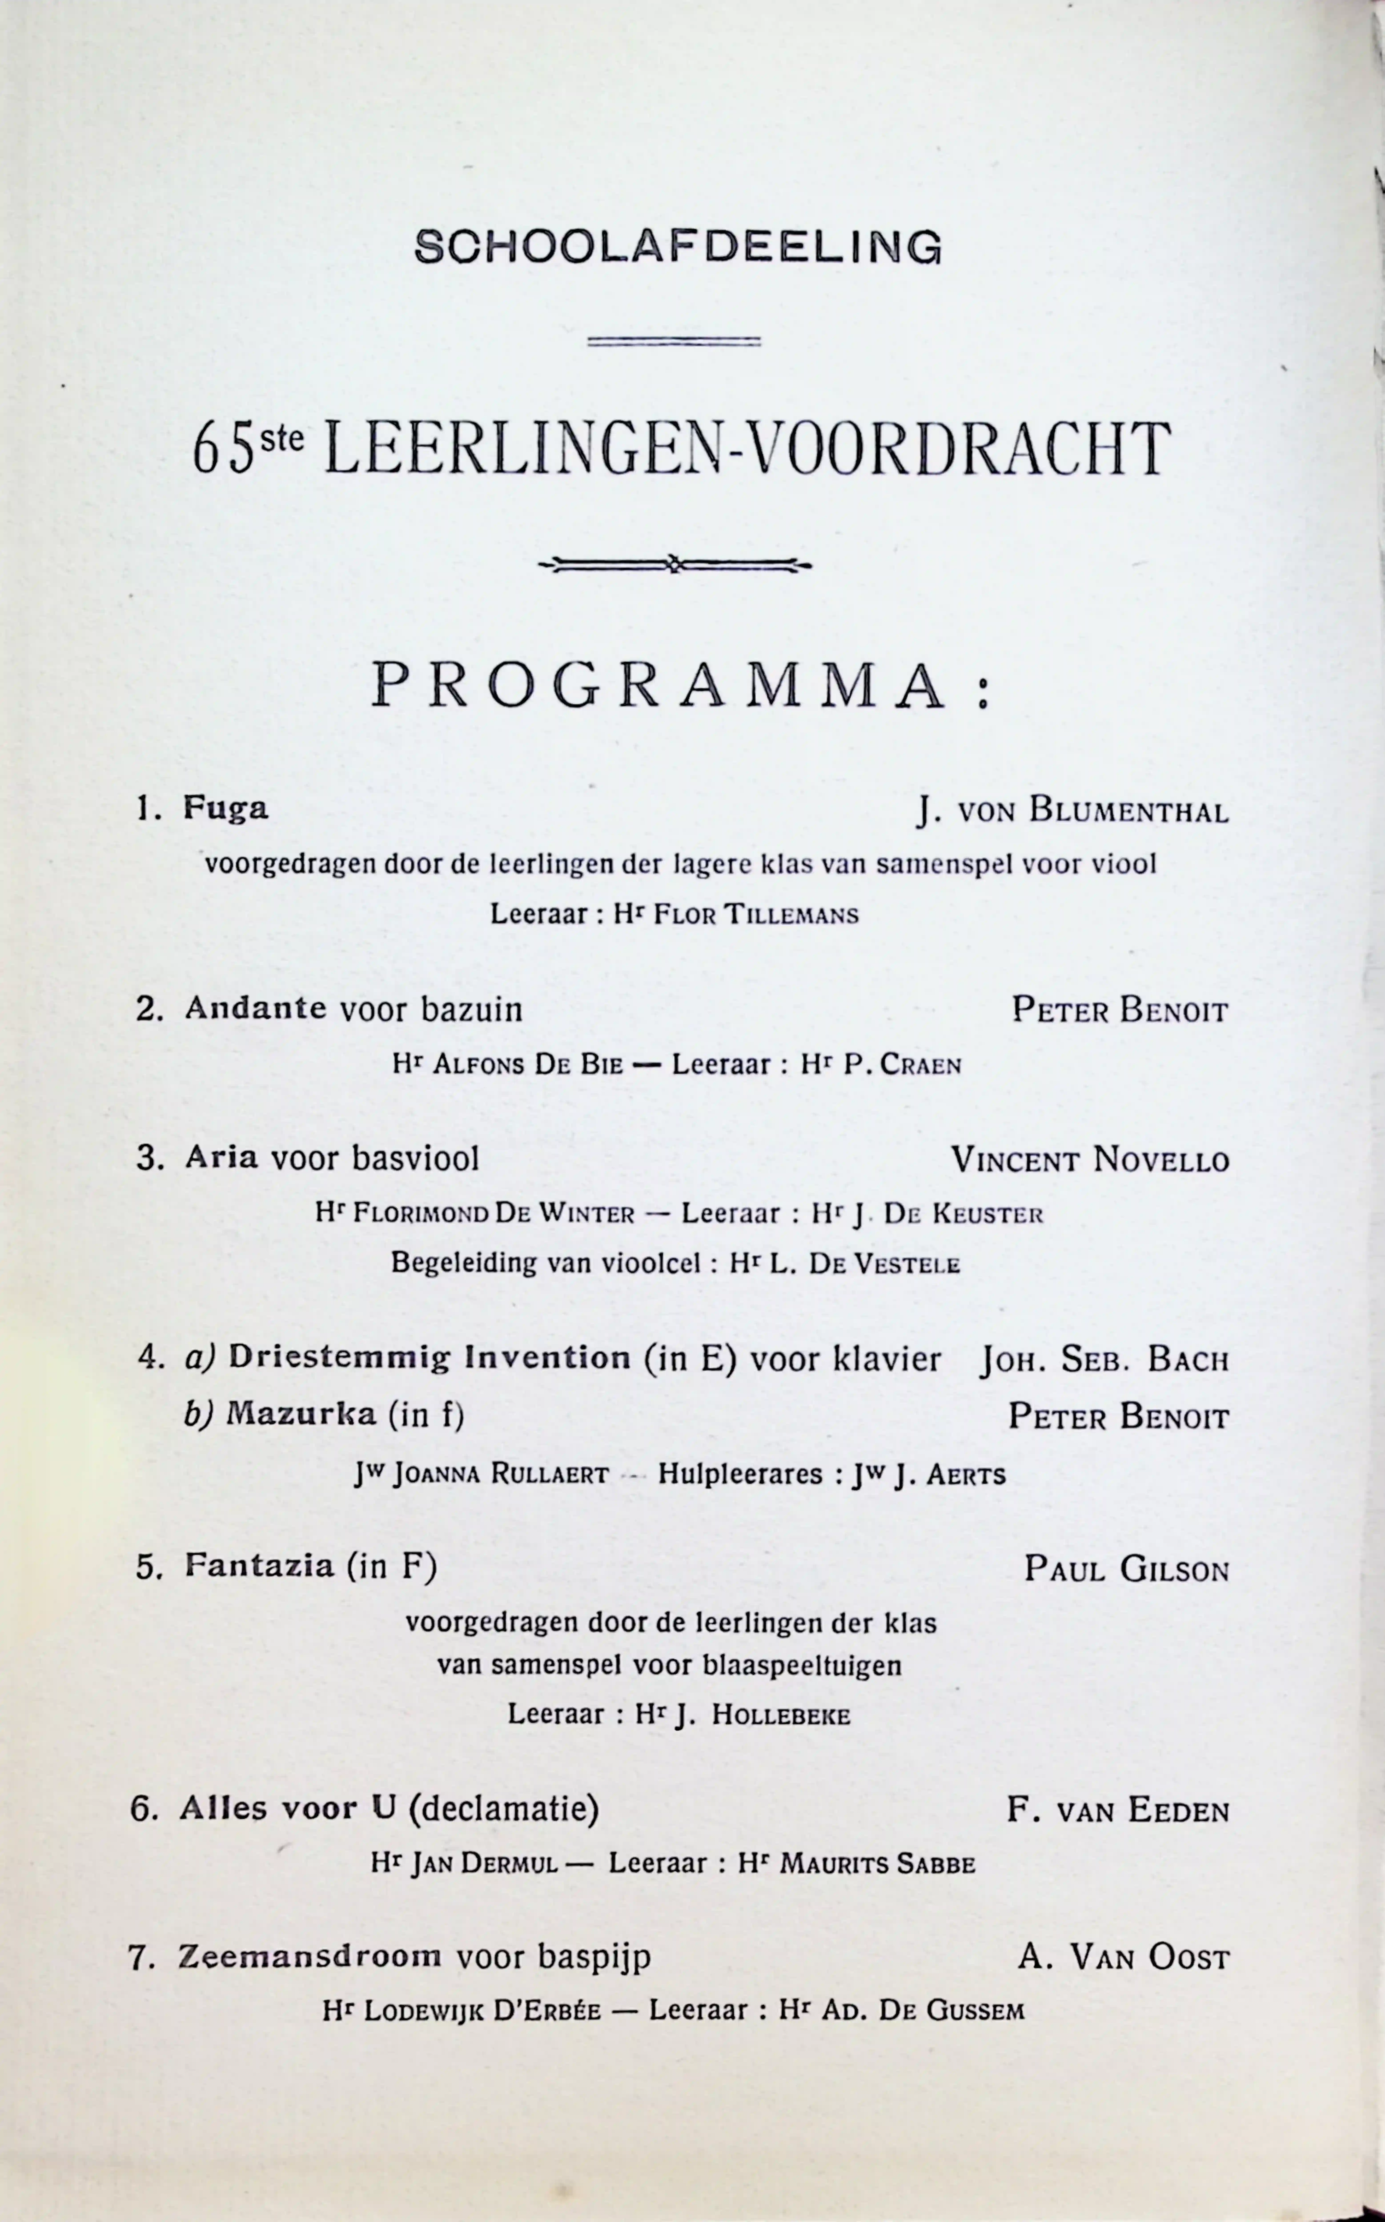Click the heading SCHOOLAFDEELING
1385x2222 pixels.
(678, 247)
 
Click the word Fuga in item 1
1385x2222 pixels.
(225, 808)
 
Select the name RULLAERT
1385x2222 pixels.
(550, 1475)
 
